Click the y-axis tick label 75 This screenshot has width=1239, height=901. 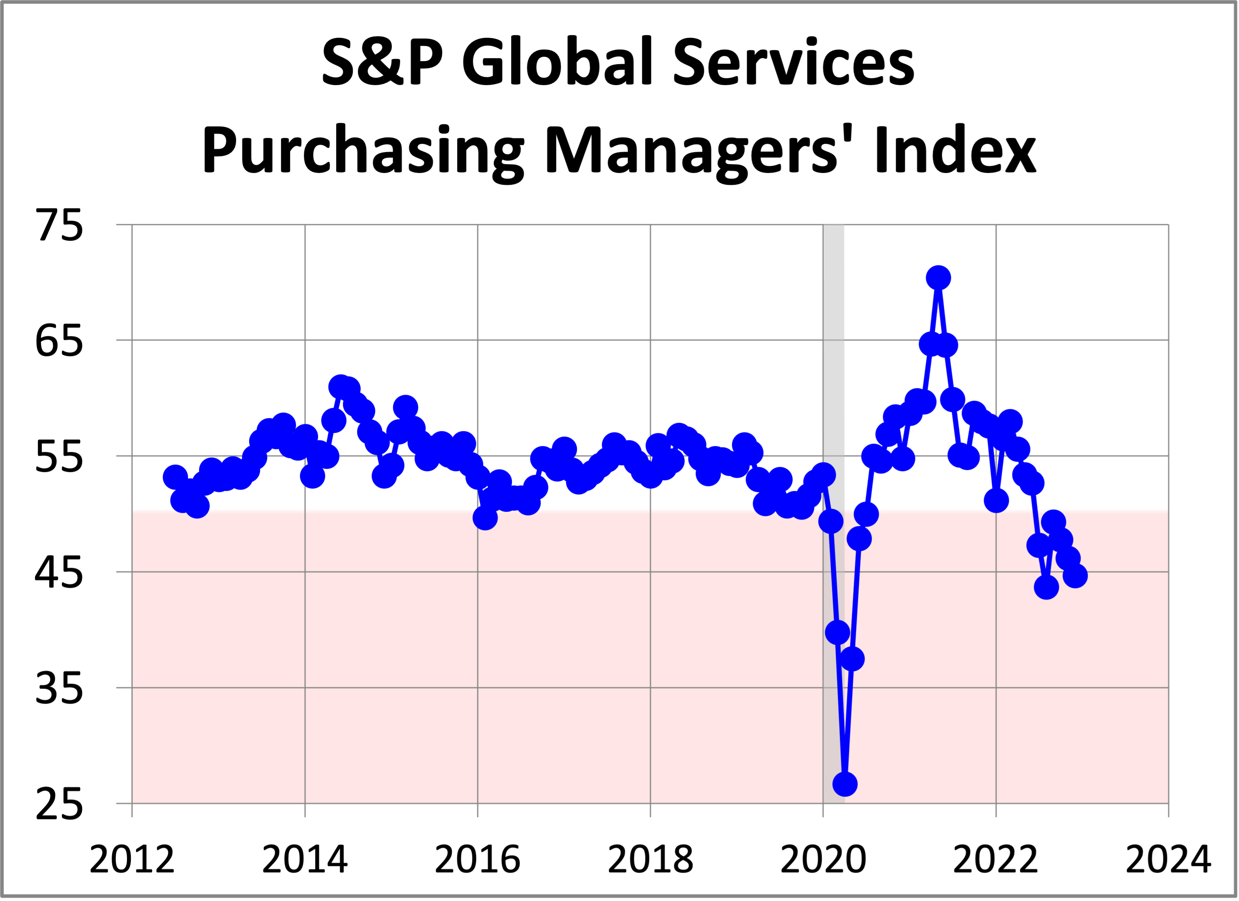click(x=59, y=225)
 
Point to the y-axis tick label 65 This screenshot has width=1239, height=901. click(x=59, y=341)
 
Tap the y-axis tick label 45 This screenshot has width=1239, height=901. click(x=59, y=572)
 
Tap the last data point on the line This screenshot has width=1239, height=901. click(x=1075, y=576)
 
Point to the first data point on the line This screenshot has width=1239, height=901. click(x=175, y=477)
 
